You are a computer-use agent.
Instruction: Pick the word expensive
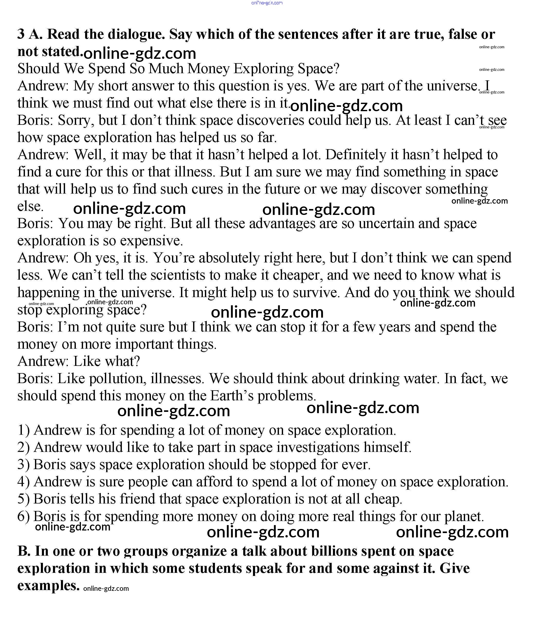[x=151, y=241]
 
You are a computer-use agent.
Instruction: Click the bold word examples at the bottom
[x=48, y=585]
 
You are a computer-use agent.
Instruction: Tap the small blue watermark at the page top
[x=267, y=3]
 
